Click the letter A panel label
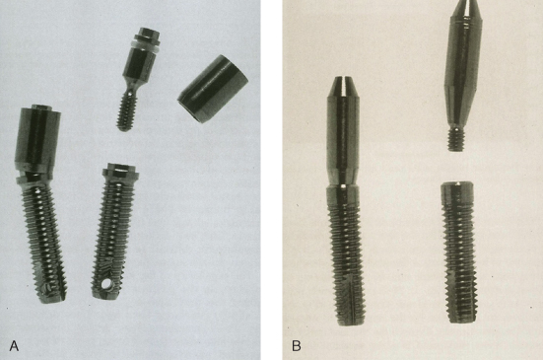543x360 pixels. point(14,345)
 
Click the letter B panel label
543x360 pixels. point(297,345)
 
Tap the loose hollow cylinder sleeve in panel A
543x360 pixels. point(213,89)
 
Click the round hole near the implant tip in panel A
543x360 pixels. point(106,285)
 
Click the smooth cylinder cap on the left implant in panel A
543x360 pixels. point(37,139)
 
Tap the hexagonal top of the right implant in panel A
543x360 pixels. point(122,170)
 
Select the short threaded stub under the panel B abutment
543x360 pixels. point(456,139)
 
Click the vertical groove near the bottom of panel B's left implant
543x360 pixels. point(353,298)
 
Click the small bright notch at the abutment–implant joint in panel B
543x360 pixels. point(342,186)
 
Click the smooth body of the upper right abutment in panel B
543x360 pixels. point(462,69)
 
